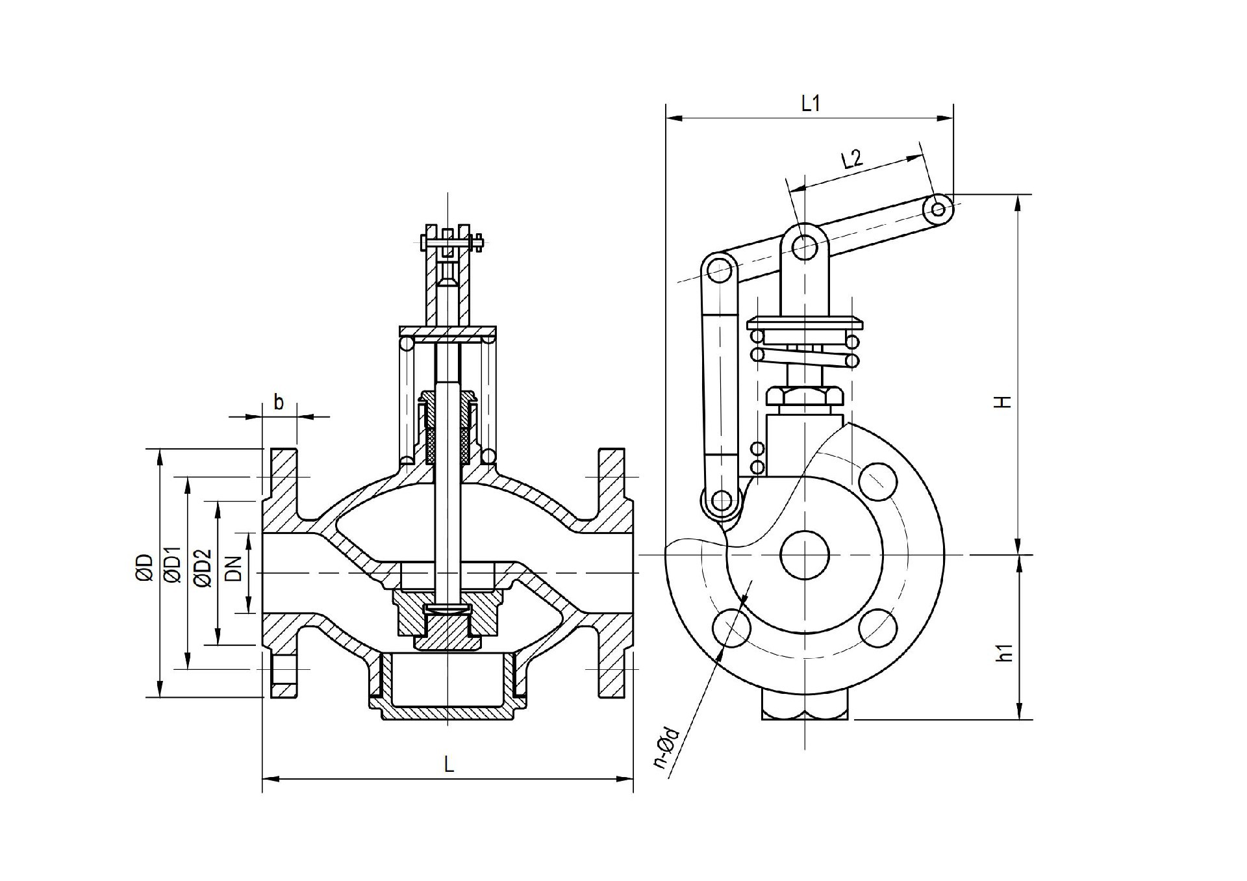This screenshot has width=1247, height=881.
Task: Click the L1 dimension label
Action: (x=811, y=103)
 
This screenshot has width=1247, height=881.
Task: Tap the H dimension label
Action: (x=1004, y=401)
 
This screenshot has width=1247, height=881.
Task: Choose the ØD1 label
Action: (x=172, y=567)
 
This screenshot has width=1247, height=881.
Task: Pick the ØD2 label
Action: (x=203, y=568)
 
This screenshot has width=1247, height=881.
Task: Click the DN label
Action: (x=234, y=568)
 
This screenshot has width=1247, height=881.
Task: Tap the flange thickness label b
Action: (x=279, y=402)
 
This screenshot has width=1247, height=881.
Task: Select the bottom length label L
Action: (x=449, y=764)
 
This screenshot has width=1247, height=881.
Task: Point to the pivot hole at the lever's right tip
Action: (x=938, y=209)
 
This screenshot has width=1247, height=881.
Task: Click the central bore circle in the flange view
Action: (x=805, y=555)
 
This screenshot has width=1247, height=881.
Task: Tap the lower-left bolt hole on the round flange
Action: (x=732, y=628)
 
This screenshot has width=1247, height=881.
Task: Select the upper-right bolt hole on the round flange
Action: (x=878, y=481)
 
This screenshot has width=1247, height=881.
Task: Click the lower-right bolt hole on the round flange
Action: (x=878, y=628)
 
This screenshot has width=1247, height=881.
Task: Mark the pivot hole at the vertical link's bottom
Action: (x=721, y=501)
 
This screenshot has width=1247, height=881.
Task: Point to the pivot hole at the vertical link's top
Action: (x=718, y=271)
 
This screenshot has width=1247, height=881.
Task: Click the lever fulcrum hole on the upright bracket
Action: (x=805, y=246)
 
